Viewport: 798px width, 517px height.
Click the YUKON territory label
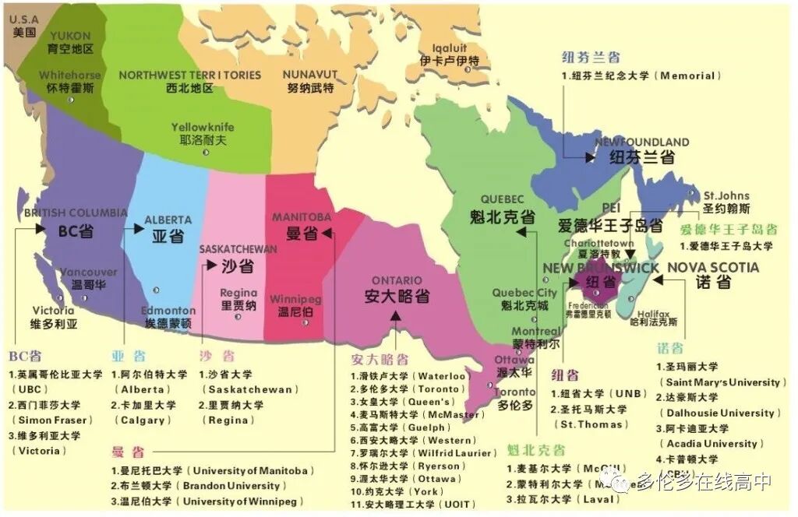point(70,36)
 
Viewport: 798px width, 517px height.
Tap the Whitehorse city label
point(70,76)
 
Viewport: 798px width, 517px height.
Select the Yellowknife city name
point(203,128)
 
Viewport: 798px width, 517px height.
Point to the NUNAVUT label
point(309,75)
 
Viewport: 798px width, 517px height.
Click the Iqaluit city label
point(443,47)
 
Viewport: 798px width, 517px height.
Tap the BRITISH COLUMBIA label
point(76,213)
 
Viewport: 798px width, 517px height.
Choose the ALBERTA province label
point(168,220)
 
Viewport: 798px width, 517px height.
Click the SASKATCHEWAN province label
point(238,249)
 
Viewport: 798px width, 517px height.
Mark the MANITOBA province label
point(302,216)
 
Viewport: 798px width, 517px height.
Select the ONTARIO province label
point(397,280)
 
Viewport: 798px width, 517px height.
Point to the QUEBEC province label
point(502,199)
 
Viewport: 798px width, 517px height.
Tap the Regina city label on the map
point(238,294)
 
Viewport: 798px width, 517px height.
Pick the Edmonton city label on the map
point(169,311)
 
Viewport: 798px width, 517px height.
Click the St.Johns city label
point(726,196)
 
